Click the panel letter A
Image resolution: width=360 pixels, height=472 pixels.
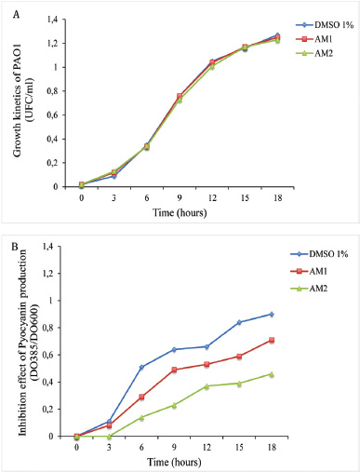coord(16,15)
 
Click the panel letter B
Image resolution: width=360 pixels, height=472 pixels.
coord(15,247)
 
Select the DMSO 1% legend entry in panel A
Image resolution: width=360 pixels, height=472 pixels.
coord(325,25)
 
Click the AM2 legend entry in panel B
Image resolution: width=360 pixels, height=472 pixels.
coord(309,289)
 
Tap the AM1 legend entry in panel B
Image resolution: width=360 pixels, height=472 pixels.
coord(309,272)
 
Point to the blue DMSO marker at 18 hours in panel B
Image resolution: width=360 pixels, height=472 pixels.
coord(272,314)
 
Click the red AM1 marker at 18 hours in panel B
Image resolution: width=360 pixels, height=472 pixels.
coord(272,340)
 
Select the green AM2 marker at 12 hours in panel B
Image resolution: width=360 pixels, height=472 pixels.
coord(207,386)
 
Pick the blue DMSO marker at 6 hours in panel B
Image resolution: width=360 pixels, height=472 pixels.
coord(141,367)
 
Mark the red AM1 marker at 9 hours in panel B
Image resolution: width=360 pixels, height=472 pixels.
coord(174,370)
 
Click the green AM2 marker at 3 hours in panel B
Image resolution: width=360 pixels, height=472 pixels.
coord(109,436)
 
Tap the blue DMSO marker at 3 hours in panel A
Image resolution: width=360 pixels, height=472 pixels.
coord(114,176)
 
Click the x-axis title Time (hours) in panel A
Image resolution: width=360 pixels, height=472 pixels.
coord(180,213)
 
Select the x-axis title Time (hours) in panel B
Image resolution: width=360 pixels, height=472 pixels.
coord(174,462)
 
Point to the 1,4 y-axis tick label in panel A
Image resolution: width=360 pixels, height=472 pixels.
coord(52,20)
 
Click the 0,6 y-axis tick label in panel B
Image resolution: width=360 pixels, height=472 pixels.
coord(48,355)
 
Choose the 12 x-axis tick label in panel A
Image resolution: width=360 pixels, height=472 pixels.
coord(212,197)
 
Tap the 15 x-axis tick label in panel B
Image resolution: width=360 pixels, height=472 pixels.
coord(239,447)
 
